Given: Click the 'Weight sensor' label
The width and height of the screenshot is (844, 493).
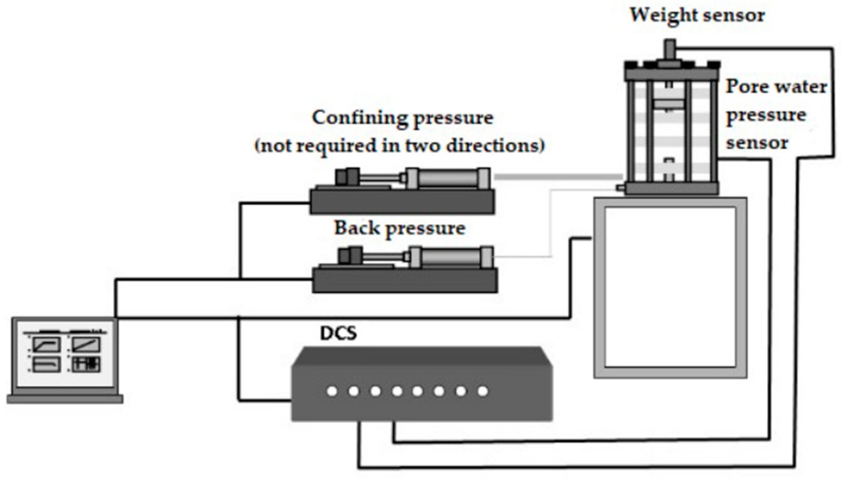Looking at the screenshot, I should (697, 15).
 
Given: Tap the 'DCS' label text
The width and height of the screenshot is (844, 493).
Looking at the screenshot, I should (338, 333).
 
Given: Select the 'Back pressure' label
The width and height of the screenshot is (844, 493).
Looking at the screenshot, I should (400, 229).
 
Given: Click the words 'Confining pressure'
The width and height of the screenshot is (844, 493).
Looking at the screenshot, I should (403, 118).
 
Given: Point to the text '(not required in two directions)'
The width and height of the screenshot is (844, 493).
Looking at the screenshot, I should (400, 146).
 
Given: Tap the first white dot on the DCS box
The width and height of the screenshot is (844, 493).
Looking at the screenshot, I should (332, 391).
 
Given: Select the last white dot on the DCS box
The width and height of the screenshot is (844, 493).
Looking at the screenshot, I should (483, 391).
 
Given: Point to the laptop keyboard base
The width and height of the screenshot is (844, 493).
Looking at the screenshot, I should (65, 399).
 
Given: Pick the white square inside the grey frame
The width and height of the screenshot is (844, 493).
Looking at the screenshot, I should (670, 288).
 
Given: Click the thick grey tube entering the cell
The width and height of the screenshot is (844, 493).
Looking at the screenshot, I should (558, 177).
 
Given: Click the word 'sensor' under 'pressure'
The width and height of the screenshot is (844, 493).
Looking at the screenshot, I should (757, 143).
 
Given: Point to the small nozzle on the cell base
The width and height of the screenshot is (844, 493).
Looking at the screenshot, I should (619, 188).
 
